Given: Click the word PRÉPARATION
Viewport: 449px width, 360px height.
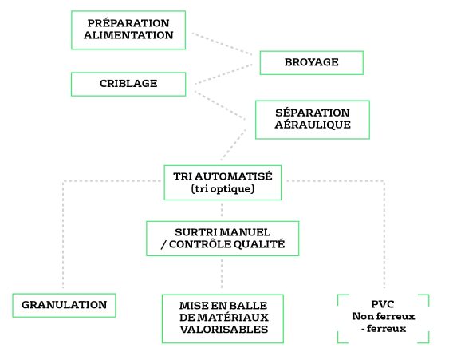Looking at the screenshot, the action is tap(128, 23).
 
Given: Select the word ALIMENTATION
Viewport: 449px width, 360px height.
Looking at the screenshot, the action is tap(128, 35).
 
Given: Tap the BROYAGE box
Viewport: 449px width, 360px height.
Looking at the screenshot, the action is tap(312, 63).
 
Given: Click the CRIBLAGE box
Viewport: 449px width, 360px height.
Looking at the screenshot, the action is tap(128, 84).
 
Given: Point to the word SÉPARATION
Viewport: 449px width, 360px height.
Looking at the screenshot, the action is tap(313, 113).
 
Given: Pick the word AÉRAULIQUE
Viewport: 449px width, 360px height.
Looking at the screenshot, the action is tap(313, 125).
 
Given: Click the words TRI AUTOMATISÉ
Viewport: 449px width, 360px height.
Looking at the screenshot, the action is tap(223, 176).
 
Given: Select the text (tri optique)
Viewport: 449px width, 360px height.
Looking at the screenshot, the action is tap(223, 188).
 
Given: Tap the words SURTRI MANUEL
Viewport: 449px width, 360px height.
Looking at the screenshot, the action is tap(223, 232).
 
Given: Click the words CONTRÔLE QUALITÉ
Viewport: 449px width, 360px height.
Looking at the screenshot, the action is tap(226, 244).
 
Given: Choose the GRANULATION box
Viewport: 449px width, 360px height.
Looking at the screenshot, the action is tap(64, 305).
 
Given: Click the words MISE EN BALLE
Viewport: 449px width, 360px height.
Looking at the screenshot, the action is tap(223, 306).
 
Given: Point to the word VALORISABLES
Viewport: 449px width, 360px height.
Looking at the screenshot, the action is tap(224, 330).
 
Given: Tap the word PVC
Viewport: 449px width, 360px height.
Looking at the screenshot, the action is tap(383, 304).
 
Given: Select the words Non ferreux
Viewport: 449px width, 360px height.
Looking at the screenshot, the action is tap(384, 316).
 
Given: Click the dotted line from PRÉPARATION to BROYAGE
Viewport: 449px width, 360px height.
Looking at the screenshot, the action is tap(223, 44).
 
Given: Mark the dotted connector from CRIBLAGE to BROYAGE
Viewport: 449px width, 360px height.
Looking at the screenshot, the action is tap(223, 74).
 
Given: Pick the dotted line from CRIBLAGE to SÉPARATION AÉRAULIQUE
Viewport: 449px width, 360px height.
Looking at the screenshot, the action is tap(219, 105).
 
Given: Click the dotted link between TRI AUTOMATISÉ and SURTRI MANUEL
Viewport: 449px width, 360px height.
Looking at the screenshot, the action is tap(222, 211).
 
